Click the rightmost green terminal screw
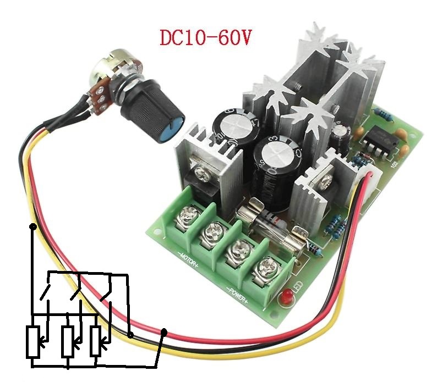[x=265, y=267]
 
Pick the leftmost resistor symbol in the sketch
[x=34, y=342]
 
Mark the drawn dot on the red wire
[x=130, y=335]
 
